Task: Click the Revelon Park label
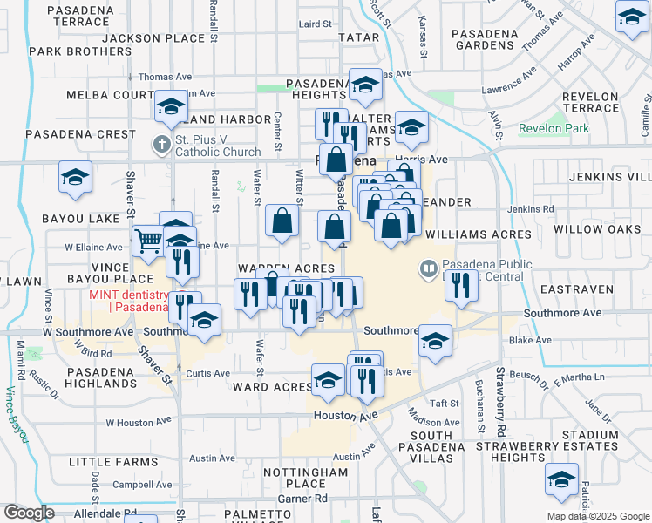(x=554, y=129)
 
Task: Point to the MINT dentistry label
(x=128, y=295)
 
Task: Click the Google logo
(x=30, y=513)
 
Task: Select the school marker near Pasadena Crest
(x=76, y=177)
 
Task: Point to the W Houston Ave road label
(x=134, y=423)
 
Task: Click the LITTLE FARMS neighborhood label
(x=101, y=461)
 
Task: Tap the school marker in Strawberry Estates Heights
(x=561, y=479)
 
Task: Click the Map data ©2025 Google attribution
(x=597, y=516)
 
